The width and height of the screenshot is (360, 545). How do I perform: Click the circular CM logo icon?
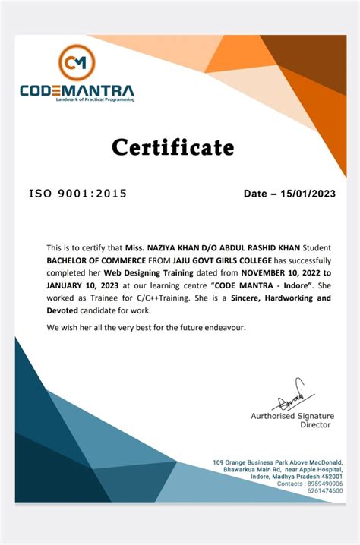point(76,61)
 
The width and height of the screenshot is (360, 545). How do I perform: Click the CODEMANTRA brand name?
point(77,90)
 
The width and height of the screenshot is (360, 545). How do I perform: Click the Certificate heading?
point(173,146)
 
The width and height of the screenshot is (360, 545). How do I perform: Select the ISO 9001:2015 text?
point(78,194)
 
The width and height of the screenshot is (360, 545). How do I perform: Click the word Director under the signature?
point(315,425)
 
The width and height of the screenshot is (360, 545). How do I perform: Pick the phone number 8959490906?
point(325,484)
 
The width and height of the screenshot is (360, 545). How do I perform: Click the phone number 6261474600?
point(325,492)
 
